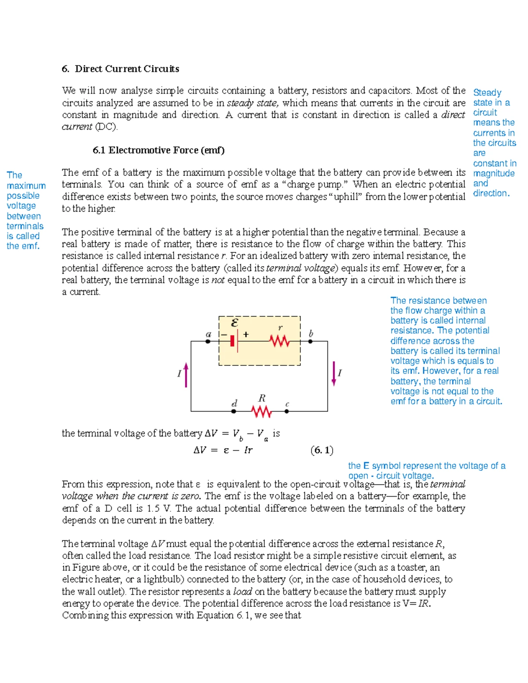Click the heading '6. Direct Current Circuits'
coord(120,69)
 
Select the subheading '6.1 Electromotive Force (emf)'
coord(158,150)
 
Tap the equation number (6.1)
coord(322,450)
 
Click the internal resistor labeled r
coord(279,341)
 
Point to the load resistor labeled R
coord(261,411)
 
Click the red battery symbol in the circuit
coord(233,341)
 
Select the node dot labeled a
coord(208,341)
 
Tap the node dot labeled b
coord(310,341)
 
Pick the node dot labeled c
coord(286,412)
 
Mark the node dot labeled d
coord(234,412)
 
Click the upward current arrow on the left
coord(186,375)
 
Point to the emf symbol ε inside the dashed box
coord(235,323)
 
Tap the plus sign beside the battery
coord(246,334)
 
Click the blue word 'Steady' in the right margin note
coord(487,93)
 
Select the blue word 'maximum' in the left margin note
coord(26,186)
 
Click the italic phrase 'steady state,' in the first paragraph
coord(253,103)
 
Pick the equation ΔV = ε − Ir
coord(223,450)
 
